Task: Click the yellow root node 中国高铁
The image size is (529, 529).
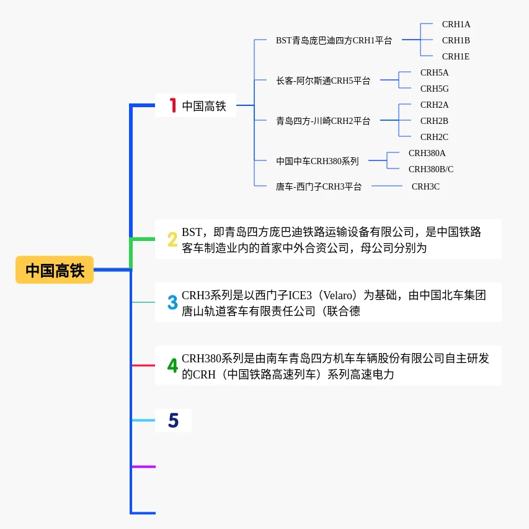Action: [55, 270]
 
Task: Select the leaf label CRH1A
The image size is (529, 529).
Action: [456, 24]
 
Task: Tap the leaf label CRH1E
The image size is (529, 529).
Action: [456, 56]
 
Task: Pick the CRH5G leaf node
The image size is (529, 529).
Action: [434, 89]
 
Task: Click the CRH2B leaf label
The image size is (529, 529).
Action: [434, 121]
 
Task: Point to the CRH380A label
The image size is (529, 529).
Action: [427, 153]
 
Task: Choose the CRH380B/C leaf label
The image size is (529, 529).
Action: [430, 169]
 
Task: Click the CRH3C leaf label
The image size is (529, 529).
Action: [425, 186]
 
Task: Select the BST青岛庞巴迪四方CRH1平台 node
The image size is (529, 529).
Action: [334, 40]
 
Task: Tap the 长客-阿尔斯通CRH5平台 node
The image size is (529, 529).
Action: [322, 81]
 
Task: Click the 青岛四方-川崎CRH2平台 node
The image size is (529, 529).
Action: [322, 121]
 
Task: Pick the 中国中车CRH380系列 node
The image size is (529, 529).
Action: [317, 161]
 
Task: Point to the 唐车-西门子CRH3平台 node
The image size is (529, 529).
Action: [318, 186]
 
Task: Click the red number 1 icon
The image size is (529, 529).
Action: [173, 106]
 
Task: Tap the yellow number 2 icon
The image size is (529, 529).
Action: [172, 239]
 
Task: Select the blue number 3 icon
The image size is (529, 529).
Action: [172, 302]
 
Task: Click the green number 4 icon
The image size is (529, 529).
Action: [172, 365]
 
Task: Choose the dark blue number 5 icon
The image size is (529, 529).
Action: [173, 421]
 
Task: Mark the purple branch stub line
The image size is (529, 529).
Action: [143, 466]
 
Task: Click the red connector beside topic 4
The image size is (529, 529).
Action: [143, 365]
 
